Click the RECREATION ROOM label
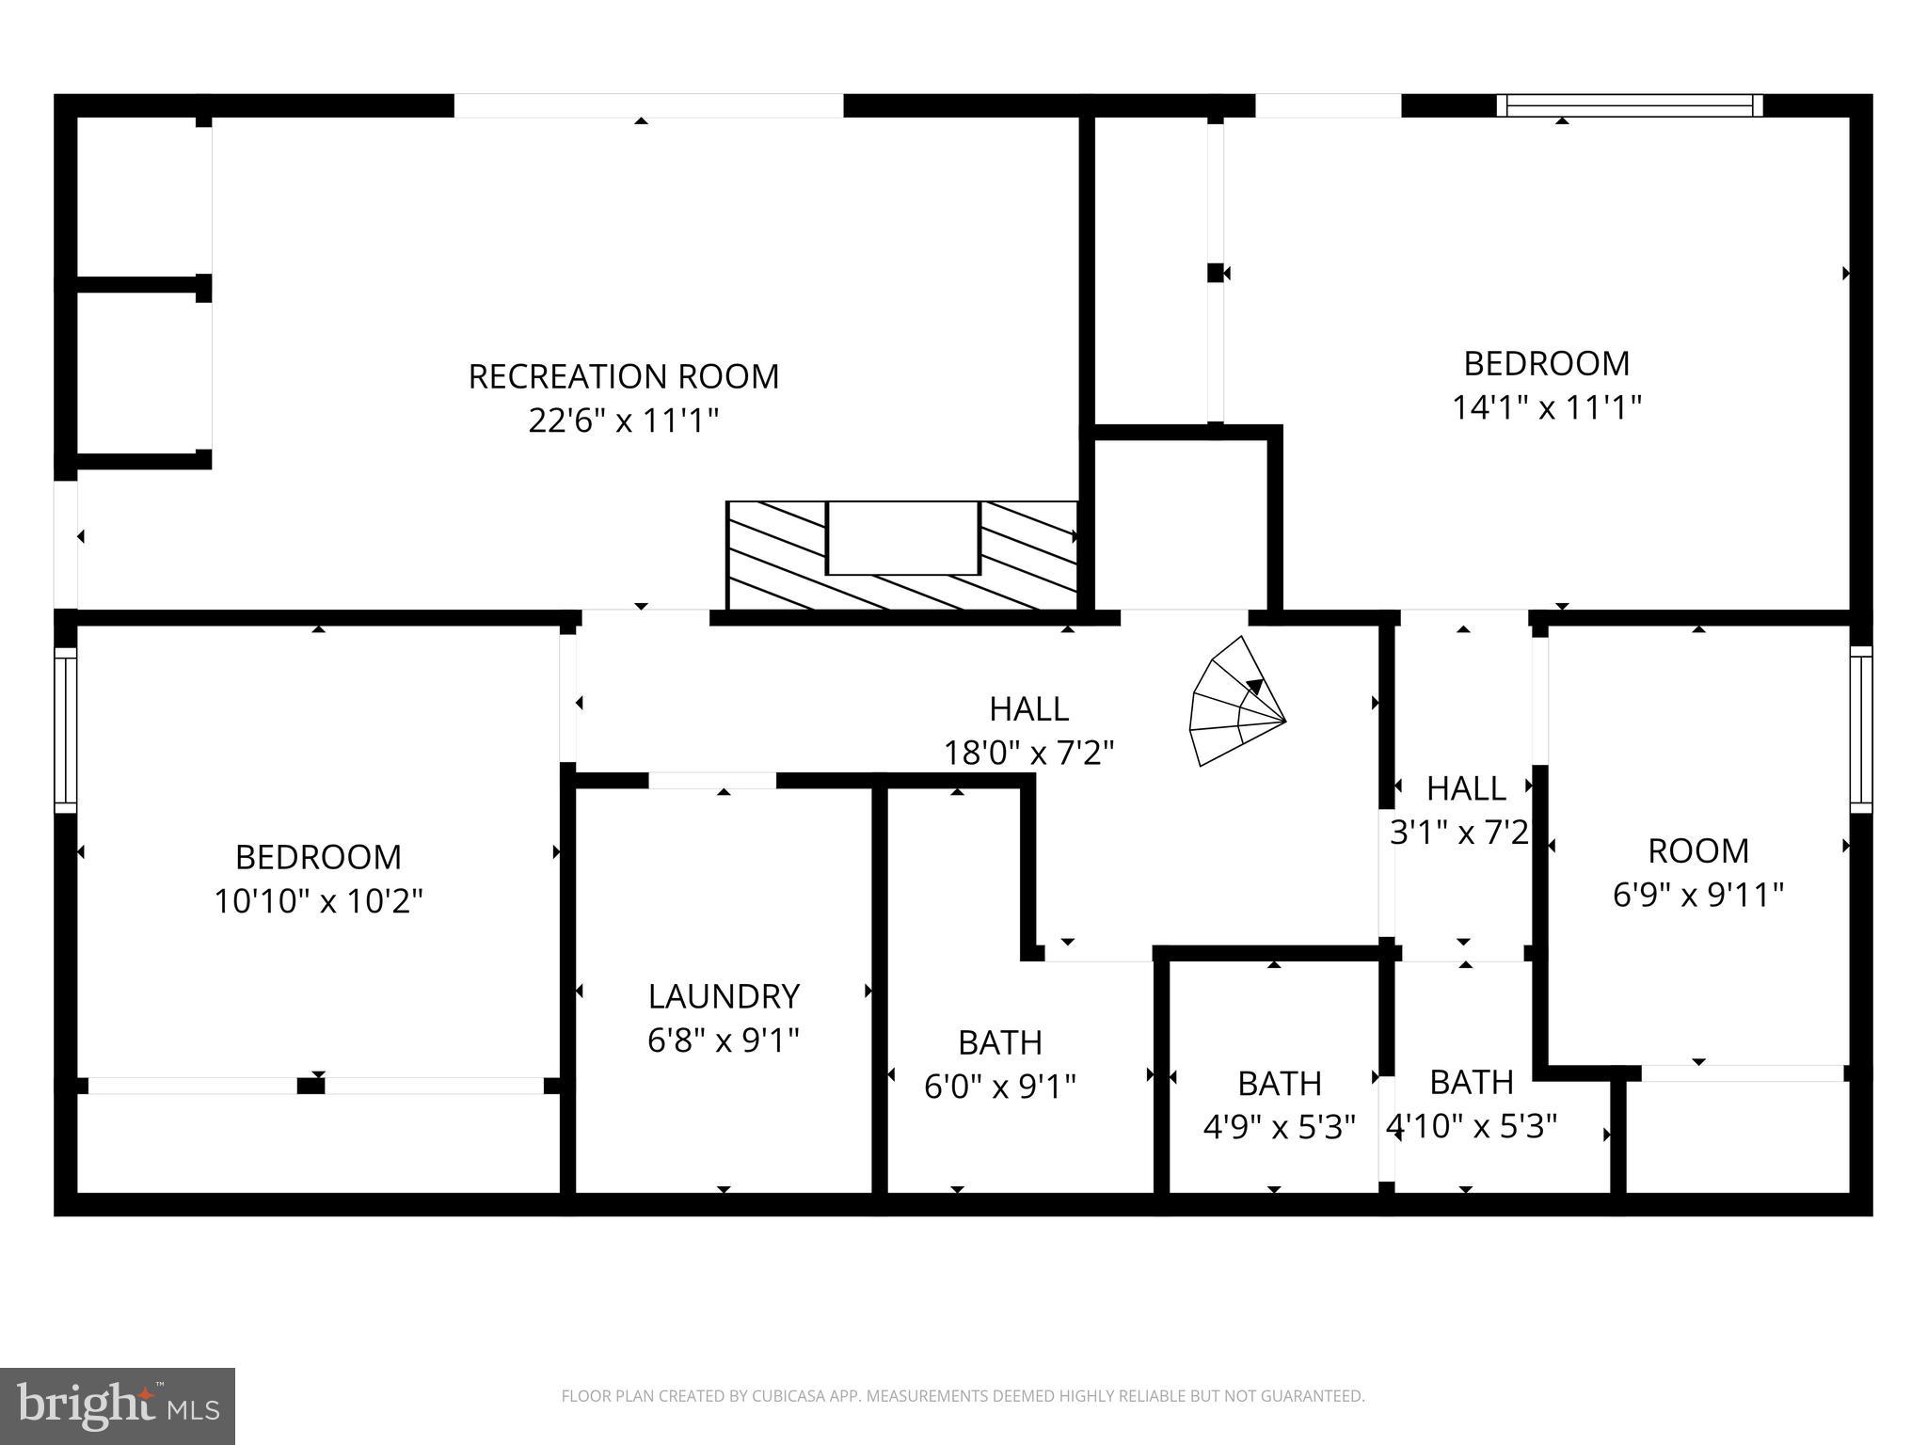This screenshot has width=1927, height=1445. tap(623, 376)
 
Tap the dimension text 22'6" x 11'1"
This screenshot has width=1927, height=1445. tap(623, 421)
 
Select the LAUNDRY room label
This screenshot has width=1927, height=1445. tap(724, 995)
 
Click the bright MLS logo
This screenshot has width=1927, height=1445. tap(118, 1405)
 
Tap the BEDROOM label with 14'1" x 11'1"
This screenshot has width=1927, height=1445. tap(1546, 363)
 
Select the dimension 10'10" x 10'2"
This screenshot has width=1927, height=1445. tap(318, 901)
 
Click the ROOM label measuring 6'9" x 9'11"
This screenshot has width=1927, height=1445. tap(1697, 850)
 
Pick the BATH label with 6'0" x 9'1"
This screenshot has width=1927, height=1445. tap(999, 1042)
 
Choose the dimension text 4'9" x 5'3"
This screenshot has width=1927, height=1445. tap(1279, 1126)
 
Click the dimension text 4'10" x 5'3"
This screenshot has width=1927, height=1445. tap(1472, 1126)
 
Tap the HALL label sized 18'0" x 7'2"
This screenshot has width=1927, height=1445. tap(1028, 708)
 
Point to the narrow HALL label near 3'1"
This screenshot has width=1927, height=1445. tap(1465, 788)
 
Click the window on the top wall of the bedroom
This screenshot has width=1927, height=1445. tap(1629, 105)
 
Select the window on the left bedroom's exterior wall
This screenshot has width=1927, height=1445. tap(65, 729)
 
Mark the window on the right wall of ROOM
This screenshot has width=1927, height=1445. tap(1860, 729)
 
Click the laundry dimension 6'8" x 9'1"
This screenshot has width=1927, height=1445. tap(724, 1040)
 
